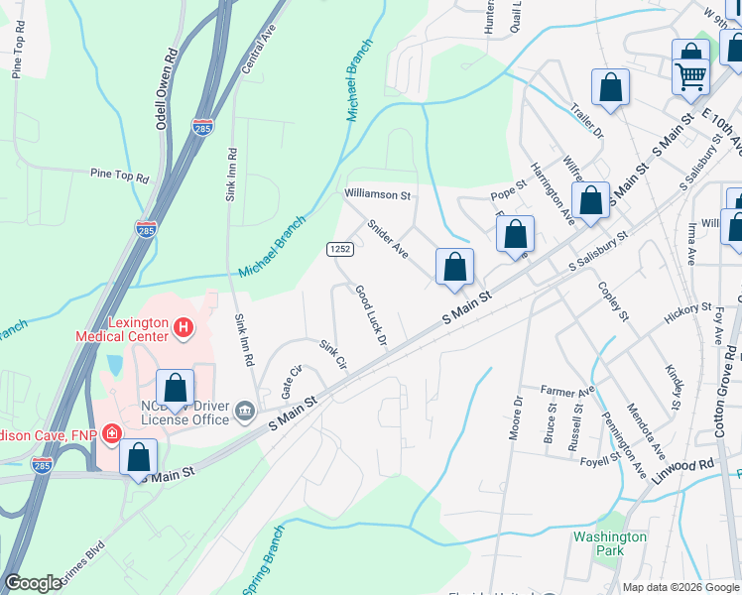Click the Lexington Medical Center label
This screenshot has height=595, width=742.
(x=125, y=329)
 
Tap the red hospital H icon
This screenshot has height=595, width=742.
(x=183, y=325)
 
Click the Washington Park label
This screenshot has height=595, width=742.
(x=610, y=543)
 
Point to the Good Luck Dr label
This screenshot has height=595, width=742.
(x=369, y=315)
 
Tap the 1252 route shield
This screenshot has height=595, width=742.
(x=337, y=248)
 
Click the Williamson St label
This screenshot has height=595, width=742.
(x=377, y=195)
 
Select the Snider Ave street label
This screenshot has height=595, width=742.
(x=387, y=239)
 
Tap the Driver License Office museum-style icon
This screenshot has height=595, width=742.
(x=245, y=411)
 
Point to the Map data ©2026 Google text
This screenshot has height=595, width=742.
(x=680, y=587)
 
